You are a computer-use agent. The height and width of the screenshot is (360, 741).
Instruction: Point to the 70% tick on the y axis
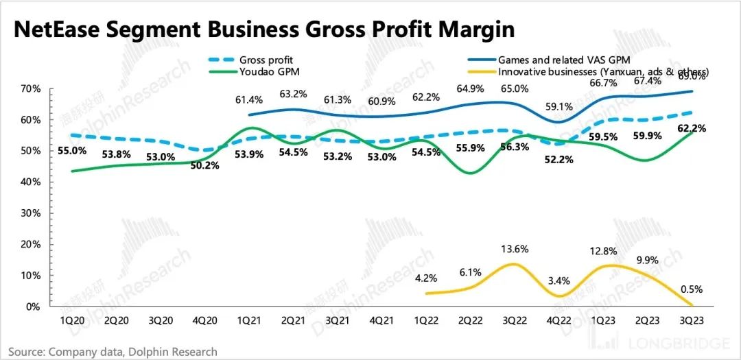tap(31, 89)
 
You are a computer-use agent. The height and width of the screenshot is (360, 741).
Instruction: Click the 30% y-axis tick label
tap(31, 213)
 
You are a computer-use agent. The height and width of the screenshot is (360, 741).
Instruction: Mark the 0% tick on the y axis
tap(33, 307)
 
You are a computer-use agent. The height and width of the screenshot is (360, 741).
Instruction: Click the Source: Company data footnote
tap(113, 352)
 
